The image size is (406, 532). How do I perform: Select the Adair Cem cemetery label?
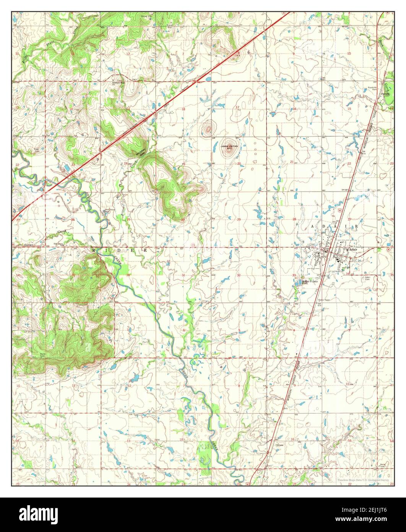[368, 278]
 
